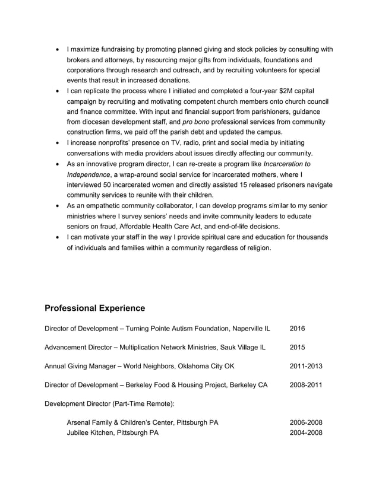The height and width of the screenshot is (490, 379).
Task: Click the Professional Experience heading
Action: click(x=95, y=308)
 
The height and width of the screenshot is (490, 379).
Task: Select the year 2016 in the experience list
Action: click(x=297, y=328)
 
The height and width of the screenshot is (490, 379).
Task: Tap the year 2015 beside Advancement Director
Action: click(x=297, y=347)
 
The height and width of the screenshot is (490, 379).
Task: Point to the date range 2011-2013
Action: click(x=306, y=366)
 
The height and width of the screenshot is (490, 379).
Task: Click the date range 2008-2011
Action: click(x=306, y=385)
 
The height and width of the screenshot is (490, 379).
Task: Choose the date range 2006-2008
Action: click(x=306, y=422)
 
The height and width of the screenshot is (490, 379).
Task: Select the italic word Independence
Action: click(x=89, y=174)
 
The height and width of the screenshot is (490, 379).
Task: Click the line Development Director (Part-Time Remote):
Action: click(x=109, y=404)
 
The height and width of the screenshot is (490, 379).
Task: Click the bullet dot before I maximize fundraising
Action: click(x=56, y=49)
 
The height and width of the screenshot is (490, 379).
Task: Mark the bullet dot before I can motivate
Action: click(x=56, y=237)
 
